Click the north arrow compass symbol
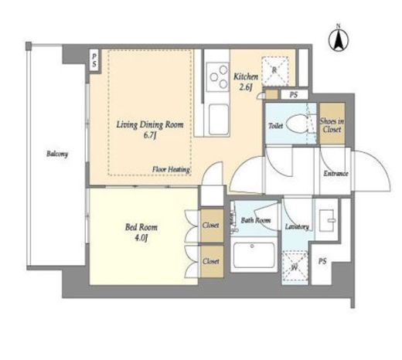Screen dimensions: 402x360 point(339,39)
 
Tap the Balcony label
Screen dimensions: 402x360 point(57,154)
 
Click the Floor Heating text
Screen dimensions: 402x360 point(171,169)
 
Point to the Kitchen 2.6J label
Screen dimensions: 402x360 point(246,82)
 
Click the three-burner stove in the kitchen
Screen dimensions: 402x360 point(218,76)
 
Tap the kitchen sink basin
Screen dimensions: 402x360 point(219,120)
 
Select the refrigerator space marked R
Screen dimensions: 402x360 point(274,71)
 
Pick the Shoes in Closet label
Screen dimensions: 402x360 point(332,125)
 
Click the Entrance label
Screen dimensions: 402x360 point(336,173)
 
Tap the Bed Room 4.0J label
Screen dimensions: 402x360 point(141,233)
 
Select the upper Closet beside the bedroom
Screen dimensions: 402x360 point(212,226)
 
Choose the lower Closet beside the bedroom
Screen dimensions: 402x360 point(212,261)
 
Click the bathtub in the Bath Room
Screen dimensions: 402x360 point(254,255)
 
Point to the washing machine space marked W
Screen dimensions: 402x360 point(295,267)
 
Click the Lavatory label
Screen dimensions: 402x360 point(297,226)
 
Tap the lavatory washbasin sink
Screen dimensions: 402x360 point(327,220)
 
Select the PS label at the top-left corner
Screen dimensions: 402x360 point(94,61)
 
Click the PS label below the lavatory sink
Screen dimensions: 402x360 point(322,261)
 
